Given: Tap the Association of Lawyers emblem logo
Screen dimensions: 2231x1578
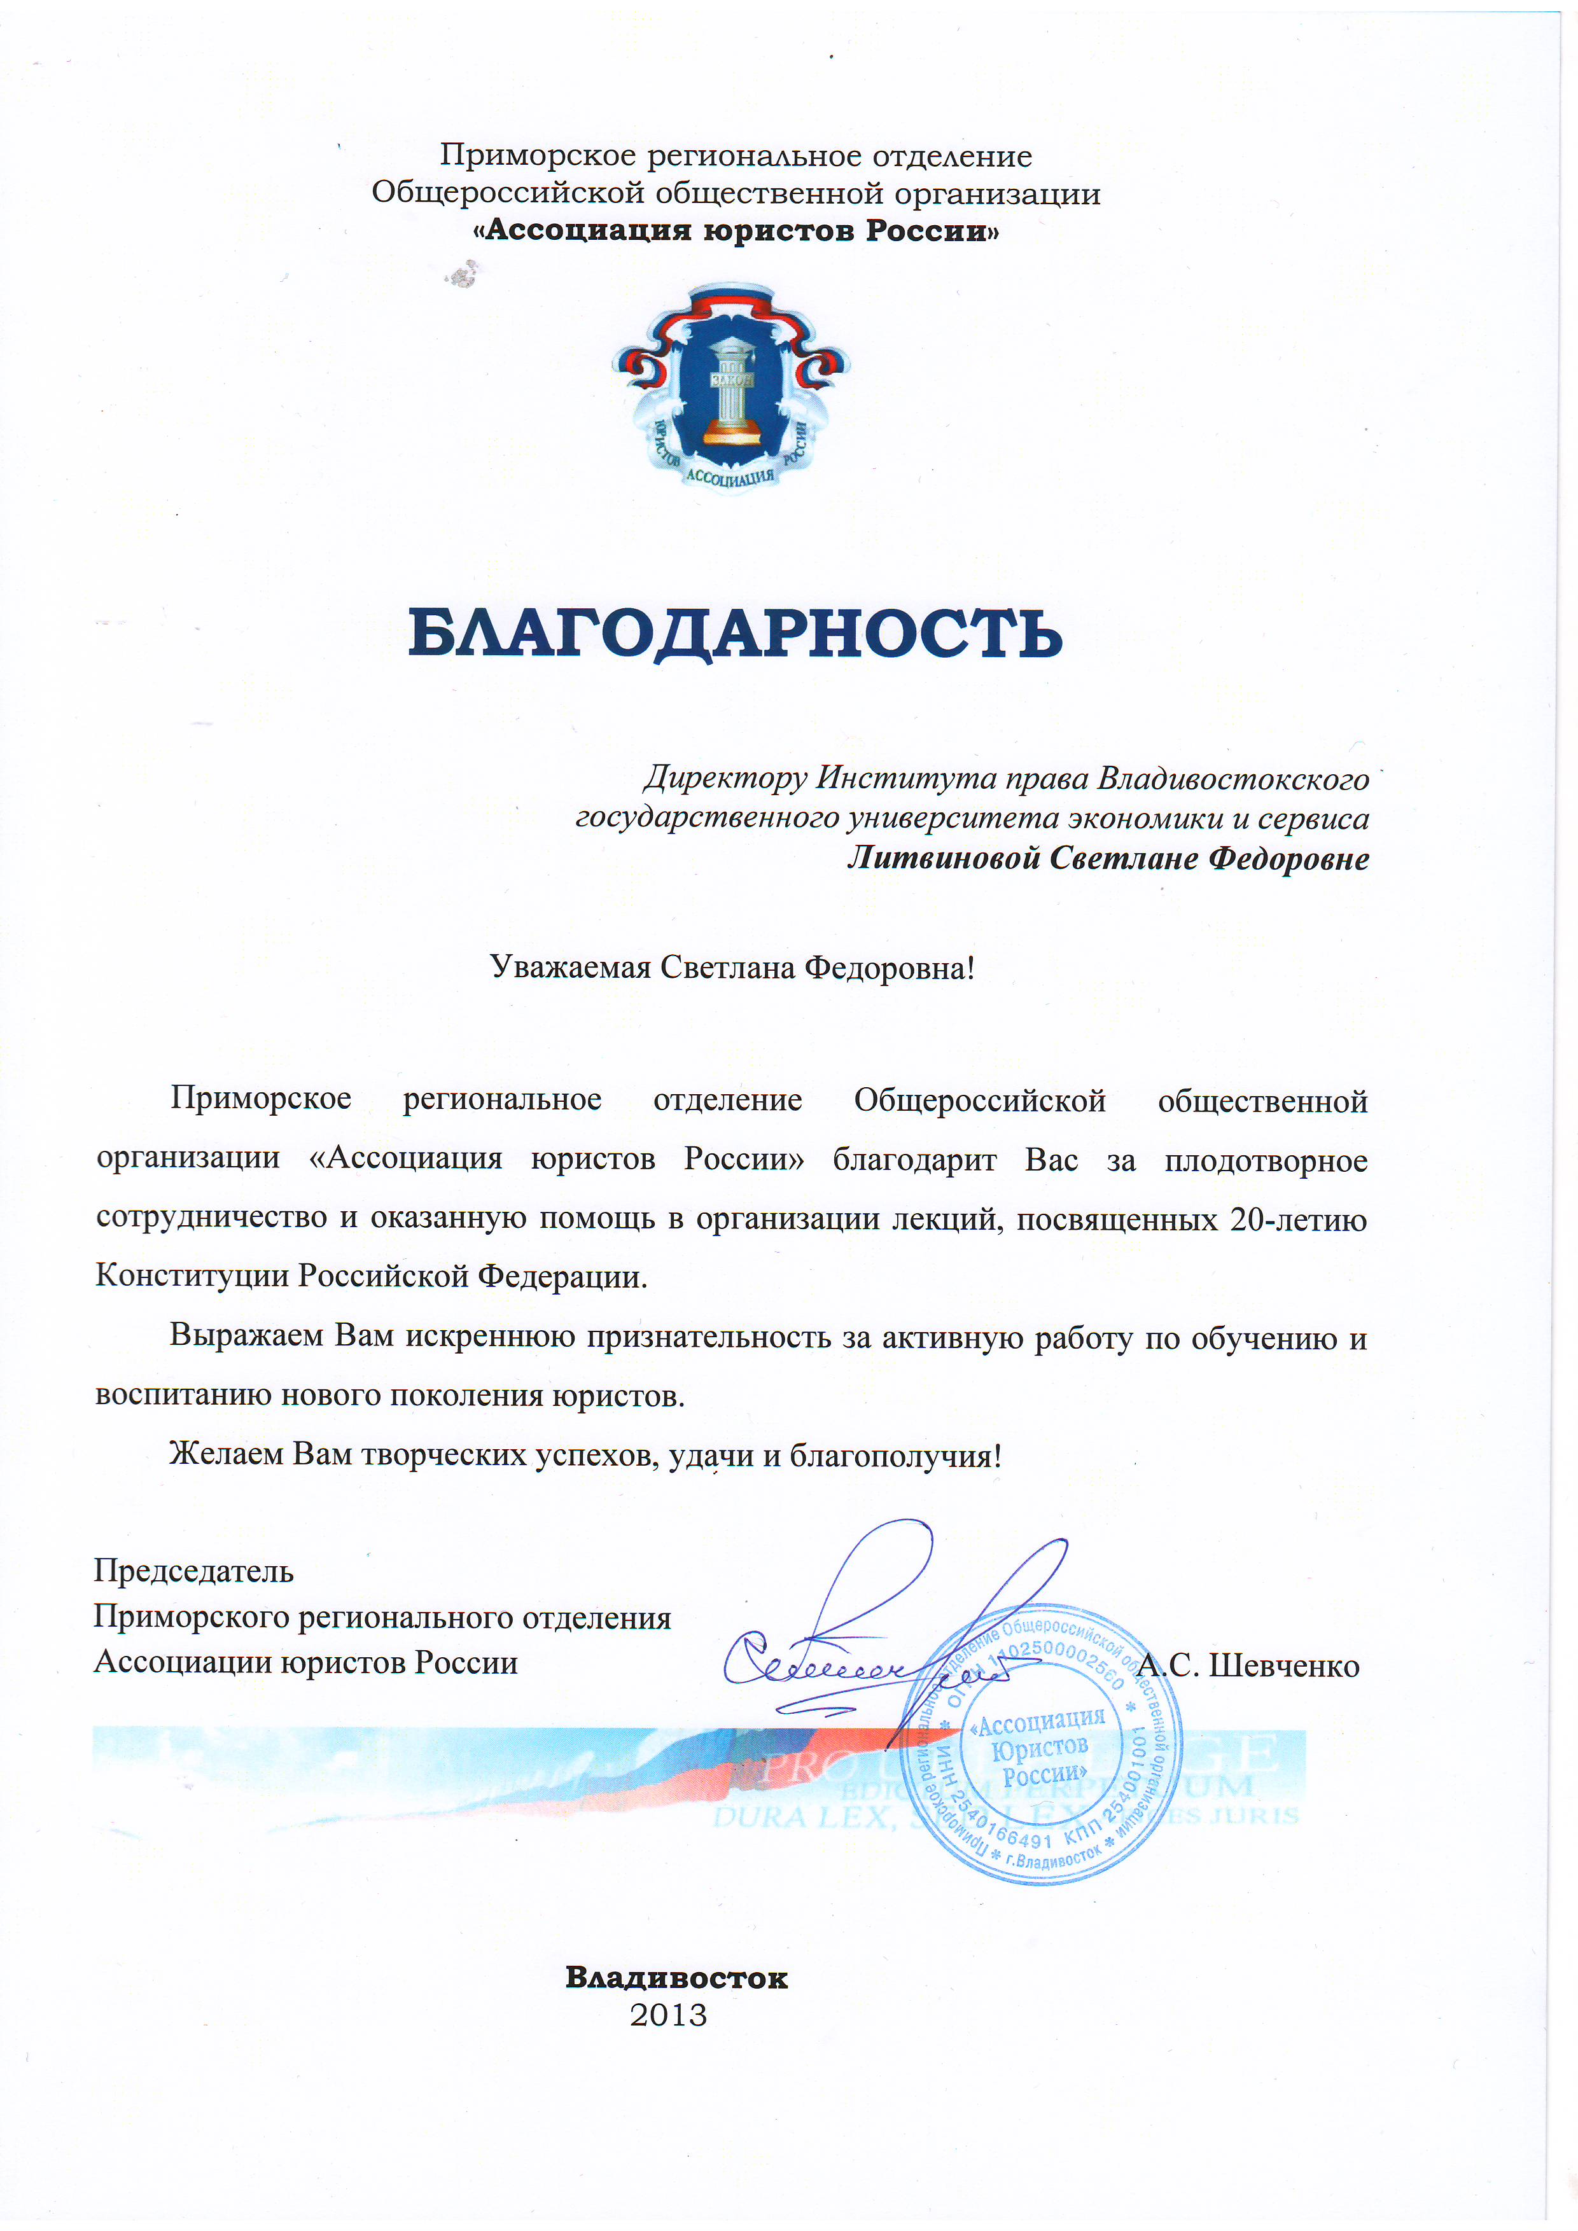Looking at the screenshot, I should [730, 389].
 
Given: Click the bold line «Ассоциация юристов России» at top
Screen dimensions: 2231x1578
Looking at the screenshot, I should [736, 232].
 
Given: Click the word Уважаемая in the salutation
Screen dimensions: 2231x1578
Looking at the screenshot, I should [569, 968].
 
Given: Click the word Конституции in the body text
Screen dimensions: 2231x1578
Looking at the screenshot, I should [192, 1276].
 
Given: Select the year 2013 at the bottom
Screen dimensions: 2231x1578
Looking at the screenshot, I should [669, 2016].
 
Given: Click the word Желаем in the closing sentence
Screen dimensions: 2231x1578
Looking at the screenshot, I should [227, 1455].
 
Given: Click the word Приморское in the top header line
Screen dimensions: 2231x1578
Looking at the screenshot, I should [537, 155].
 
